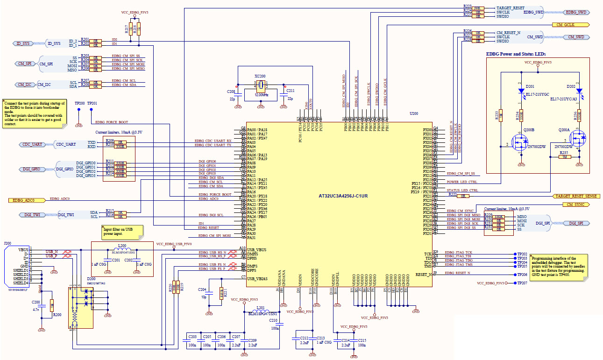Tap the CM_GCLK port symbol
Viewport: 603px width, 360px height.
tap(570, 24)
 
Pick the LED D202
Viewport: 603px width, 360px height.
tap(579, 91)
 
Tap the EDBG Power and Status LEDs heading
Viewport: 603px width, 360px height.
tap(516, 54)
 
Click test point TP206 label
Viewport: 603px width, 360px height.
tap(522, 275)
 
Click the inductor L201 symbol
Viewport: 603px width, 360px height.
tap(261, 311)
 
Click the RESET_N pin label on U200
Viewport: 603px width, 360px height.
tap(423, 275)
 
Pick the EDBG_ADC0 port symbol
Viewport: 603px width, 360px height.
tap(27, 200)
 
